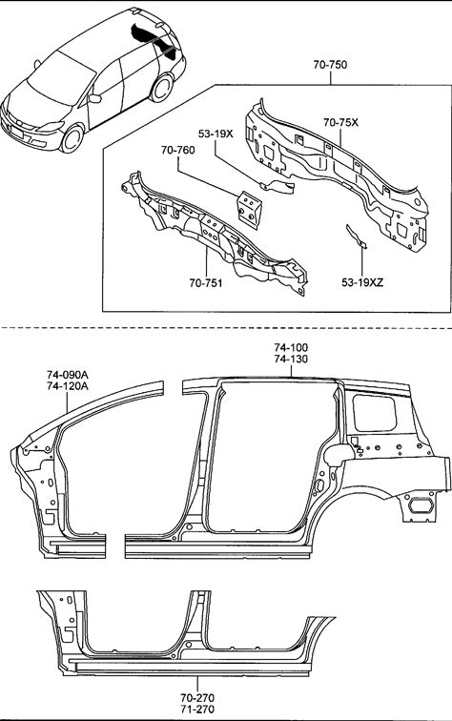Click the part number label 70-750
point(330,65)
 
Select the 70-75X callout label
point(340,122)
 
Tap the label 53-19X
point(216,134)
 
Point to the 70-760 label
point(177,150)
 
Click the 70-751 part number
point(206,283)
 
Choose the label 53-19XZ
point(361,283)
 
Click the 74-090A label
point(67,374)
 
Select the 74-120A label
point(67,386)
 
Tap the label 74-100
point(291,347)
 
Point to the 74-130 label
point(291,359)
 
